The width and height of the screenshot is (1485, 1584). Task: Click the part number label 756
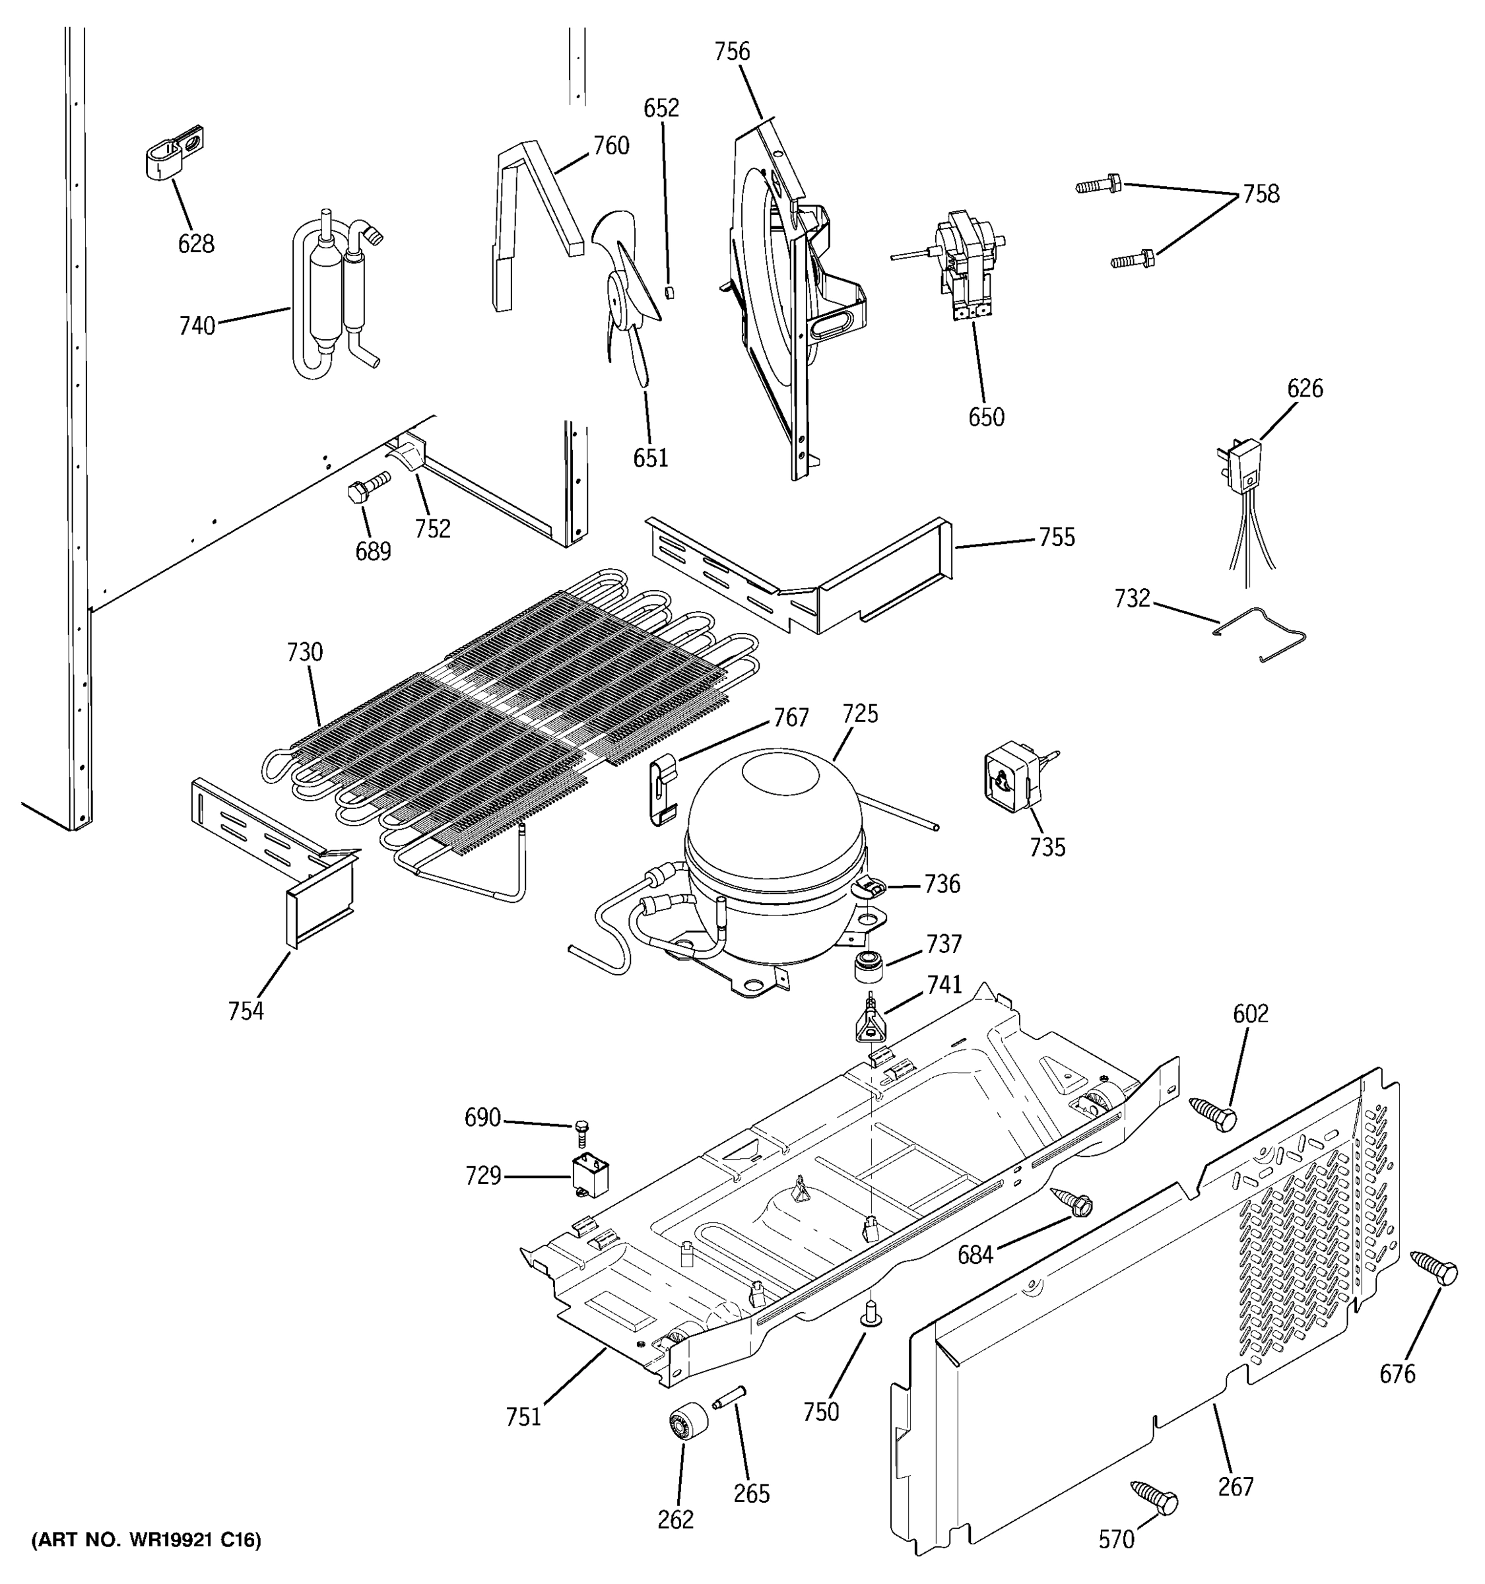click(731, 51)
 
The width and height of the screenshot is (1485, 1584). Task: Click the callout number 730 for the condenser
click(304, 653)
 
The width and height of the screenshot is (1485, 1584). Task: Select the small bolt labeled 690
click(581, 1131)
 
